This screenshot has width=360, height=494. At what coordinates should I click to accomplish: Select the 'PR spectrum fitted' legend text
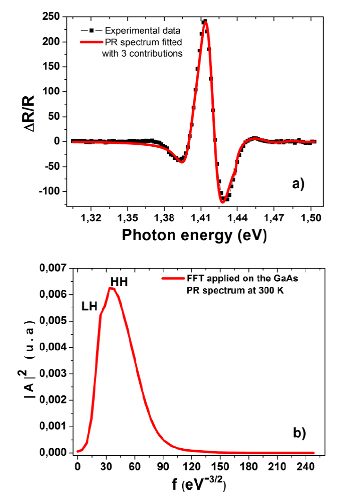pyautogui.click(x=142, y=42)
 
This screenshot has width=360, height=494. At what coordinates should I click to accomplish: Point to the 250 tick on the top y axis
pyautogui.click(x=56, y=17)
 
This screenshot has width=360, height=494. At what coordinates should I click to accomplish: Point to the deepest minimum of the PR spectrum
pyautogui.click(x=223, y=201)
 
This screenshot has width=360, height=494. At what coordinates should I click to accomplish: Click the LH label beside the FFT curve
pyautogui.click(x=89, y=306)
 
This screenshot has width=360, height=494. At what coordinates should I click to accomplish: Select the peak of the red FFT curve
pyautogui.click(x=111, y=288)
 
